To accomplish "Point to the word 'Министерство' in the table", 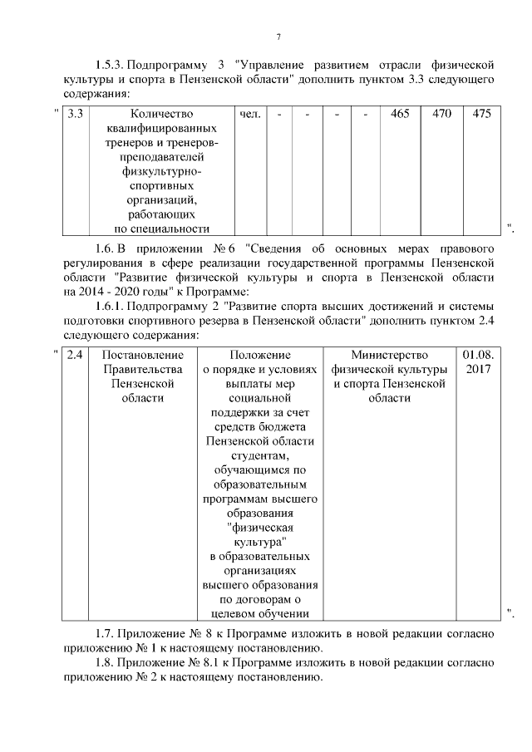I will pyautogui.click(x=389, y=354).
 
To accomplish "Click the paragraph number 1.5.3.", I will pyautogui.click(x=110, y=64).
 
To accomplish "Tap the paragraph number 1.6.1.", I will pyautogui.click(x=110, y=307).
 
